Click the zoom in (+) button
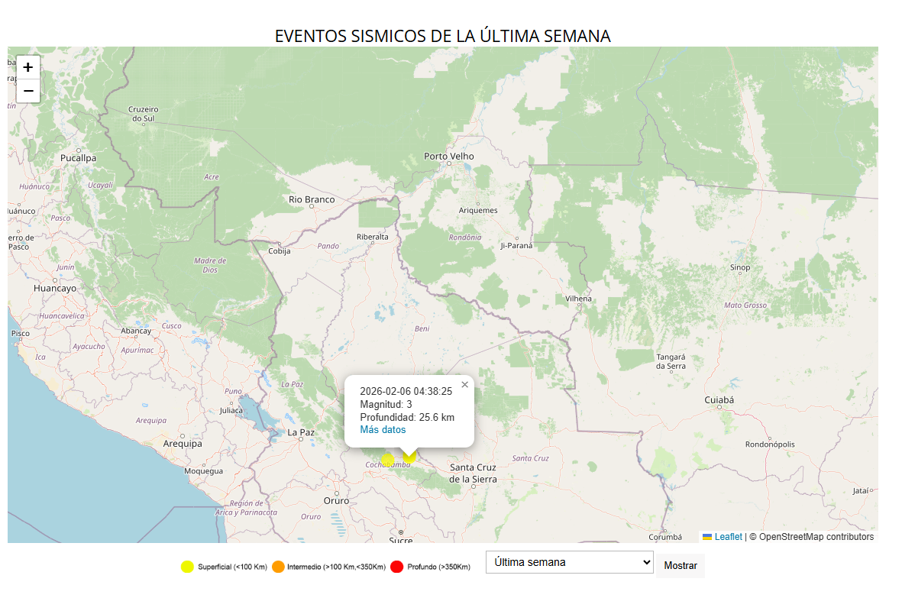[x=28, y=67]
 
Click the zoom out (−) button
[x=28, y=91]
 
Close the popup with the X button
[x=464, y=385]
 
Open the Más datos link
[x=383, y=430]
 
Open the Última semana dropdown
[x=569, y=562]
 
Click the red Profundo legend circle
[x=396, y=567]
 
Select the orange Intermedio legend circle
[x=278, y=567]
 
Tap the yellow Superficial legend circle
[x=187, y=567]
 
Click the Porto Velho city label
[x=449, y=157]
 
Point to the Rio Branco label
[x=312, y=199]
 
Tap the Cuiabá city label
[x=719, y=399]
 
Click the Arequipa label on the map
[x=183, y=443]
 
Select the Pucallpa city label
[x=79, y=158]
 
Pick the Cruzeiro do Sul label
[x=143, y=114]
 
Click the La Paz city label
[x=301, y=432]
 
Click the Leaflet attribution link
[x=728, y=537]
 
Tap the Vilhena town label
[x=578, y=299]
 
